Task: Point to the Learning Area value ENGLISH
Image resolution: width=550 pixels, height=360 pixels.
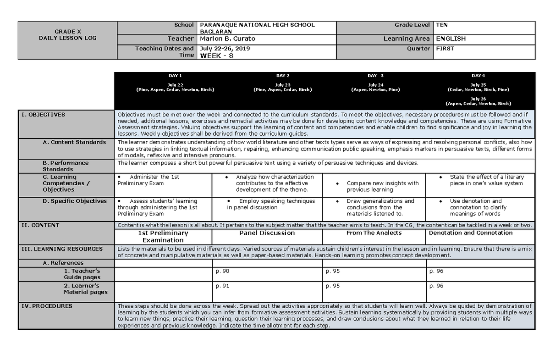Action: [451, 39]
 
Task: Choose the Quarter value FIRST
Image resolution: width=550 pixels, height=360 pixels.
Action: [445, 49]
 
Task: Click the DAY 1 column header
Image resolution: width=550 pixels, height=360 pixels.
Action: [175, 76]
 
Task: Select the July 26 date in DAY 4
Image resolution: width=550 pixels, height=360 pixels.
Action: [478, 99]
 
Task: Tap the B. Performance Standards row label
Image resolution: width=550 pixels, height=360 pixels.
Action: [66, 166]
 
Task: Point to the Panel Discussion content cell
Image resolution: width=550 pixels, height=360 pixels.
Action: [267, 233]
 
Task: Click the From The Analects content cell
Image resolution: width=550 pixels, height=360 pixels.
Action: [374, 233]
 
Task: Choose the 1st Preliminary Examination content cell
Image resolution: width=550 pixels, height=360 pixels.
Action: [163, 236]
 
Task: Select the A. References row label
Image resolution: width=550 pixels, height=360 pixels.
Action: [63, 263]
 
